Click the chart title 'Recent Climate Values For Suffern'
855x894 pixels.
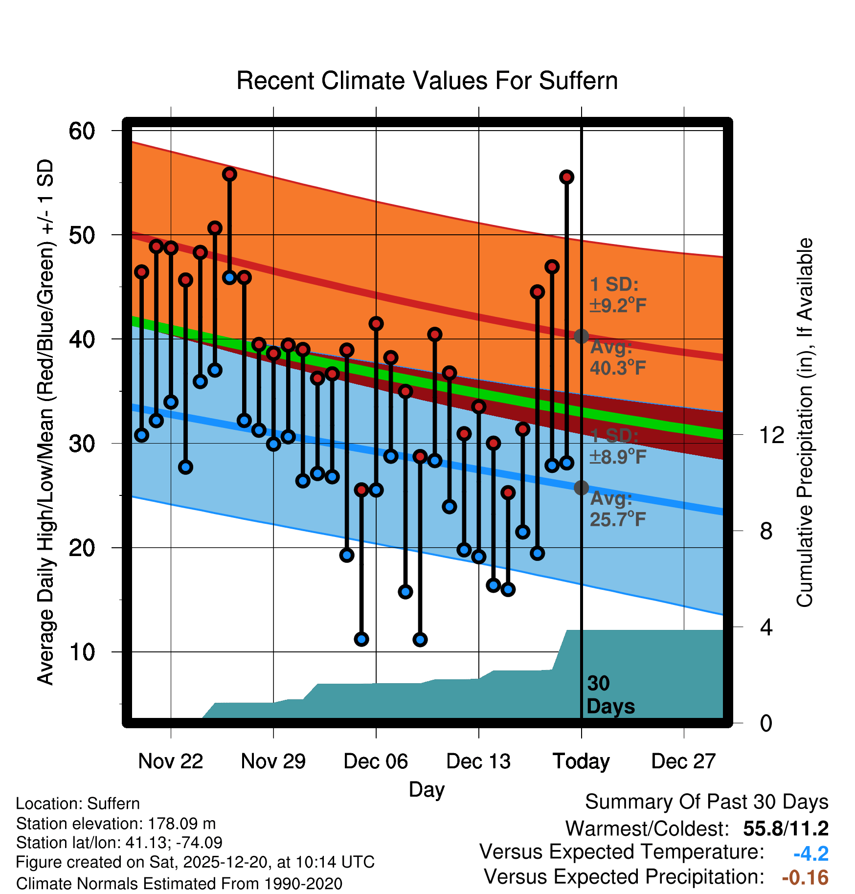coord(427,81)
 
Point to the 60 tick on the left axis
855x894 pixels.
coord(82,131)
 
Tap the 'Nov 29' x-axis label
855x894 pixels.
coord(273,761)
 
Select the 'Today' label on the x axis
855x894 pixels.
coord(581,761)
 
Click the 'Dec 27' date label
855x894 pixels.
coord(683,761)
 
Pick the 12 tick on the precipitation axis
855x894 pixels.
coord(771,435)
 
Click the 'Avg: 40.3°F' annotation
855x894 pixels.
coord(617,358)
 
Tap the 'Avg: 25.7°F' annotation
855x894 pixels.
coord(617,509)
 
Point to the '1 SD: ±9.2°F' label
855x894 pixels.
coord(617,295)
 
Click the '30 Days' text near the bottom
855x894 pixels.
coord(610,695)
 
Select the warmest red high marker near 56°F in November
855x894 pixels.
coord(229,174)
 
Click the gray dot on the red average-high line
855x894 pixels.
coord(581,336)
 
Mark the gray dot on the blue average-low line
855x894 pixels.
coord(581,488)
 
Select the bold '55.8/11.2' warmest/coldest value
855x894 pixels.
coord(786,828)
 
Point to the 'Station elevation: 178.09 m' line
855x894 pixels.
coord(116,824)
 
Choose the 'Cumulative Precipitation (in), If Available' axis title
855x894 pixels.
coord(805,423)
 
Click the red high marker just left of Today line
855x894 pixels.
coord(566,177)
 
